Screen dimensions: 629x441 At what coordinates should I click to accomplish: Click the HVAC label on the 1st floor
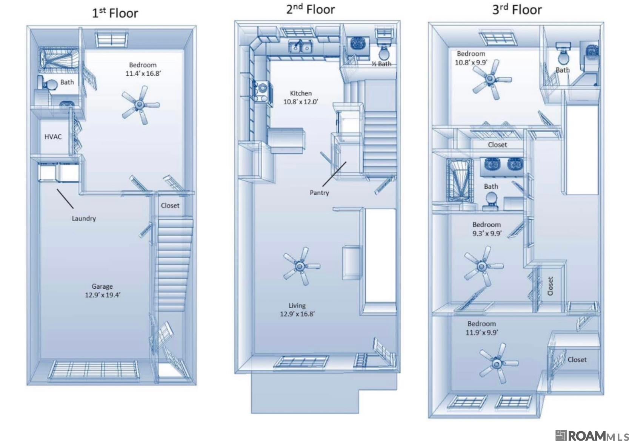coord(53,136)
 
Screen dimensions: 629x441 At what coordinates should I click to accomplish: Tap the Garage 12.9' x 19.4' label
coord(103,290)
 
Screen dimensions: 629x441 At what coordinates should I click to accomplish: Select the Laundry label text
coord(84,218)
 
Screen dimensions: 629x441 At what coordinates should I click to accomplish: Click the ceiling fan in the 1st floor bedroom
coord(140,105)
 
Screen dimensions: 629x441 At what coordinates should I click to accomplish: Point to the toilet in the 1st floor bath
coord(47,83)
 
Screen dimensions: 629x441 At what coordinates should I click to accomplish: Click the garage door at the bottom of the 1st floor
coord(94,369)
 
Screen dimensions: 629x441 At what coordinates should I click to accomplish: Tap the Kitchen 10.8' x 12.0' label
coord(301,97)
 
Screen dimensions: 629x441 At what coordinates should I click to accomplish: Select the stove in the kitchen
coord(262,91)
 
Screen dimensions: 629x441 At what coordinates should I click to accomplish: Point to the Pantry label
coord(319,193)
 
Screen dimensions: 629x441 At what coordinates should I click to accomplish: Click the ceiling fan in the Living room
coord(301,266)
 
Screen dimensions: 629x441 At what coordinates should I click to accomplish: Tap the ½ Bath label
coord(381,64)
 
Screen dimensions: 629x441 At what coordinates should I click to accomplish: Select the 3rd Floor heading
coord(517,9)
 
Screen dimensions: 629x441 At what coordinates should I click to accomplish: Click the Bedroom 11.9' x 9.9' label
coord(482,328)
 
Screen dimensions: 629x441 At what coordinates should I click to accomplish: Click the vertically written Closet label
coord(551,286)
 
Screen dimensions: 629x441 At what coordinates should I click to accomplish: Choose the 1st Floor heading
coord(115,13)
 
